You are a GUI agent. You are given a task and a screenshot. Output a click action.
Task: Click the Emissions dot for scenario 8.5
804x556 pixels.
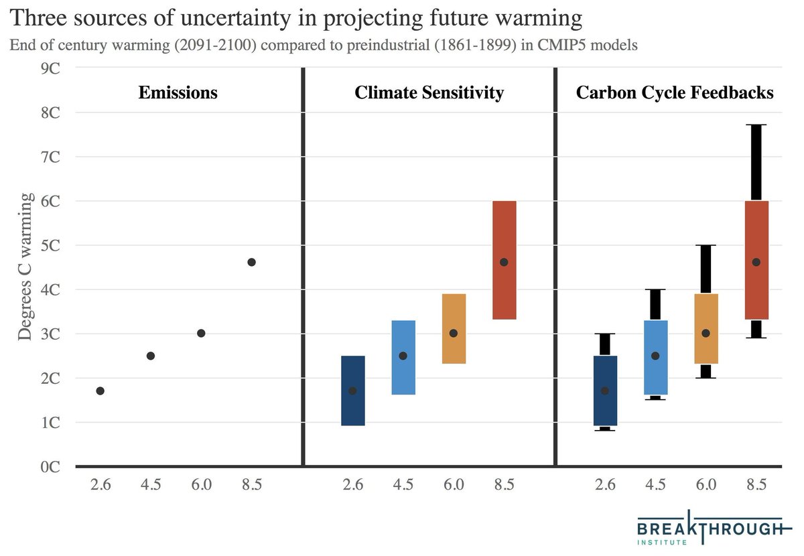(x=251, y=262)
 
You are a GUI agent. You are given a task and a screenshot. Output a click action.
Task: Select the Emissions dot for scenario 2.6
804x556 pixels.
(x=100, y=391)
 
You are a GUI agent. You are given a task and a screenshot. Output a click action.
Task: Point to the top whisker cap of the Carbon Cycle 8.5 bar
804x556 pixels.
(x=756, y=125)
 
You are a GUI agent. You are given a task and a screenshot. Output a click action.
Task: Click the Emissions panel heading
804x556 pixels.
(x=178, y=92)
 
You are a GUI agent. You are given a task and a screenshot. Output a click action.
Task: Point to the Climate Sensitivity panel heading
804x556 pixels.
(x=429, y=92)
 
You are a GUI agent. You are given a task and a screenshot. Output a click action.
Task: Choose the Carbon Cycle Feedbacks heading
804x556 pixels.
(x=675, y=92)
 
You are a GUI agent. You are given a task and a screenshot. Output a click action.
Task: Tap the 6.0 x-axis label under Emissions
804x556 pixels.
(x=201, y=486)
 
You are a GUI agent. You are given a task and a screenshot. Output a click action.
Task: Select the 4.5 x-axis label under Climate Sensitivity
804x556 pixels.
(x=403, y=486)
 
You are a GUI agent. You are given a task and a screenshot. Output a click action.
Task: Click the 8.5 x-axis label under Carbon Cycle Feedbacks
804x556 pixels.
(x=756, y=486)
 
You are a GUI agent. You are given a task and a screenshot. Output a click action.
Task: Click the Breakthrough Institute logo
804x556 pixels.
(x=709, y=529)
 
